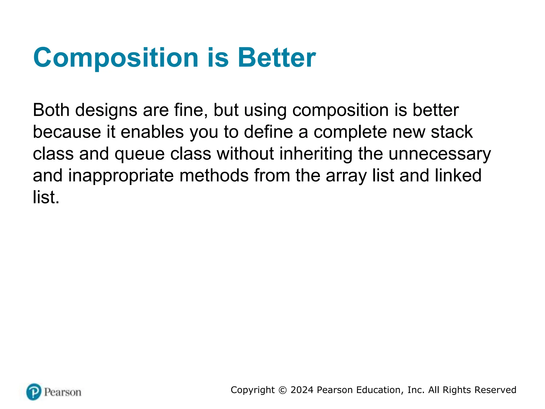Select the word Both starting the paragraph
(x=51, y=110)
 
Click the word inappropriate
(x=121, y=176)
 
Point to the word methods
(x=214, y=175)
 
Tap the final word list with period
(x=46, y=197)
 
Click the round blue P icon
(x=34, y=392)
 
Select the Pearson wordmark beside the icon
(x=63, y=392)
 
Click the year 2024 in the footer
(x=302, y=390)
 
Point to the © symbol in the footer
(x=282, y=390)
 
